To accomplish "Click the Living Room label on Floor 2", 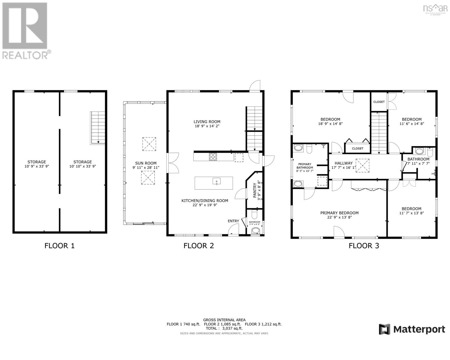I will coord(207,122).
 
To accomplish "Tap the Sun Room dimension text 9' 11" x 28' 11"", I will coord(146,167).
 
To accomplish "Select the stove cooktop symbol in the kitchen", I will coord(213,157).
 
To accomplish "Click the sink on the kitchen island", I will coord(216,181).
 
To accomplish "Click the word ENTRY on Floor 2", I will coord(233,221).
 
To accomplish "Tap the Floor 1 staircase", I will coord(98,127).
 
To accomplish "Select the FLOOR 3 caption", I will coord(364,246).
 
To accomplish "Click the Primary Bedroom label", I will coord(339,213).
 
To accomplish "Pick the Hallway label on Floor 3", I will coord(343,163).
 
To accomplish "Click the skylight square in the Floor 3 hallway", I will coord(362,165).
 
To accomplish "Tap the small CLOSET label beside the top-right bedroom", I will coord(379,102).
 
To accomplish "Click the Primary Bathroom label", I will coord(304,166).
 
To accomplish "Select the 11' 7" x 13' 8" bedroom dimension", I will coord(412,213).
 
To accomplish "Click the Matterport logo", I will coord(412,329).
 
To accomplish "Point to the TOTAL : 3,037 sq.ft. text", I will coord(224,328).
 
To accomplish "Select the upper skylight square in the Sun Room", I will coord(149,144).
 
